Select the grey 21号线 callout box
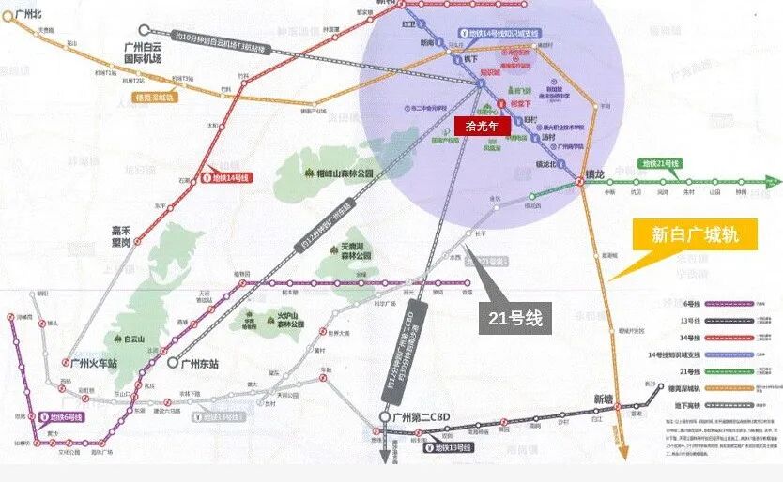tap(514, 318)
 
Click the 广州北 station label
tap(29, 14)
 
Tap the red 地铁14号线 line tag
tap(226, 175)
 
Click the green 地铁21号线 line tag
tap(660, 164)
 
